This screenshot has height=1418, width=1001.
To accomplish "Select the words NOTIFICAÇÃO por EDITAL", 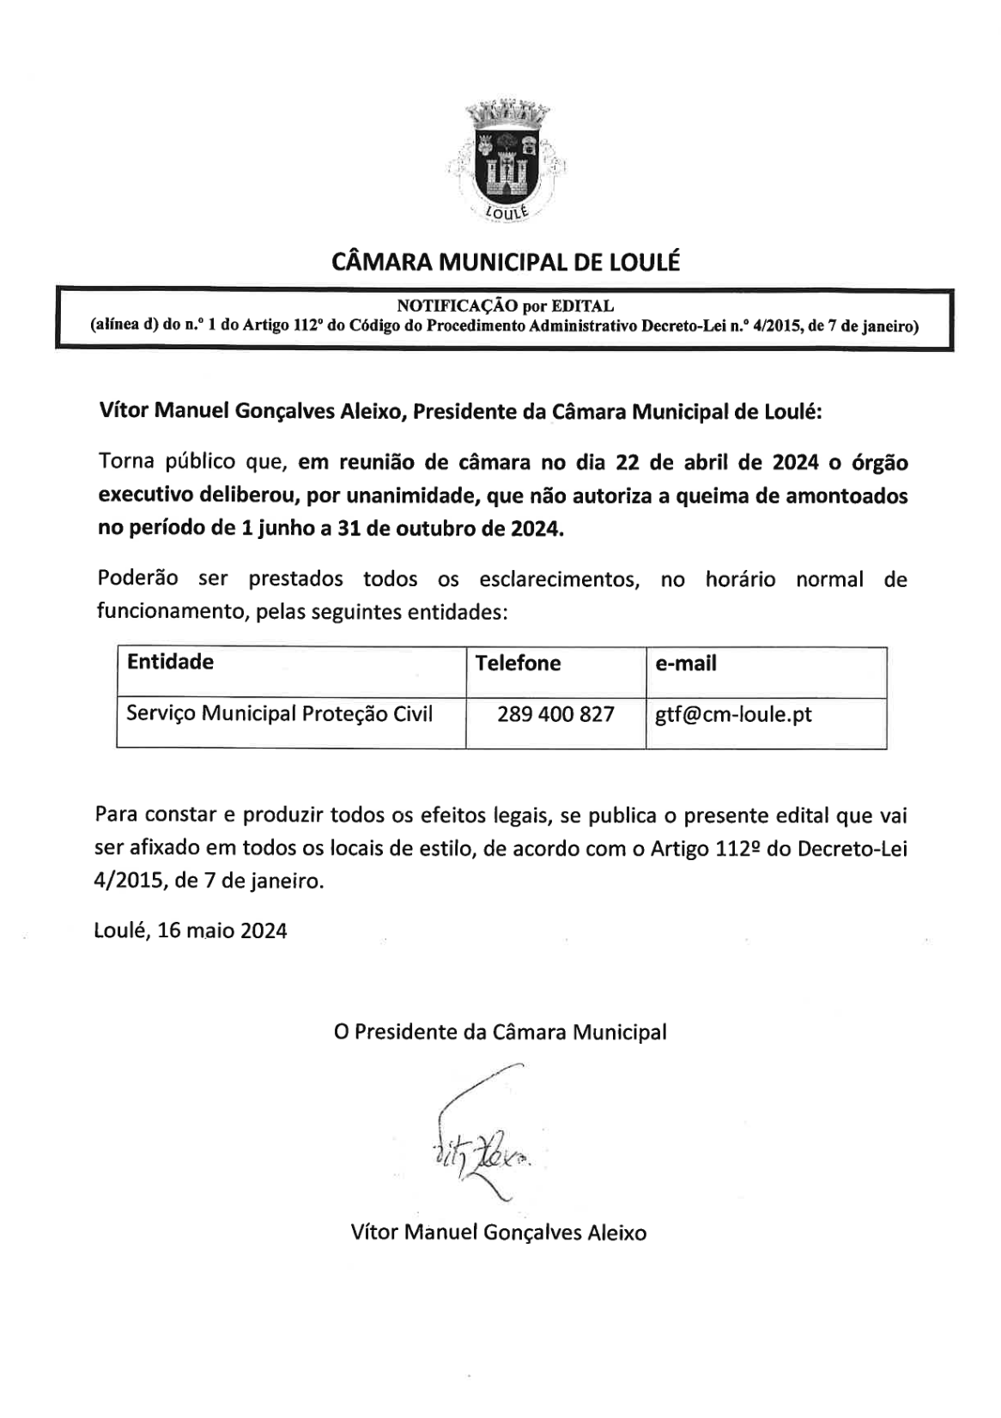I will pyautogui.click(x=505, y=306).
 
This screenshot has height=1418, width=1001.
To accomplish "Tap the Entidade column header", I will pyautogui.click(x=170, y=662).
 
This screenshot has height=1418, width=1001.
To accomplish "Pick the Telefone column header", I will pyautogui.click(x=518, y=663).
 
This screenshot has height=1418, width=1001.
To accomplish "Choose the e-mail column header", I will pyautogui.click(x=685, y=664).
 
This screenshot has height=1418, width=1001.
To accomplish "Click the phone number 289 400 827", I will pyautogui.click(x=555, y=714).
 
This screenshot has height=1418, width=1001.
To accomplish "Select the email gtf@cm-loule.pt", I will pyautogui.click(x=733, y=714).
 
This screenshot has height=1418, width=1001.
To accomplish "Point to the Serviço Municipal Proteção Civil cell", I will pyautogui.click(x=279, y=713).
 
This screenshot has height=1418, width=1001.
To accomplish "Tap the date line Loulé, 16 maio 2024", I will pyautogui.click(x=191, y=930).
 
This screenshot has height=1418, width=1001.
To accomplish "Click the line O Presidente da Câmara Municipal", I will pyautogui.click(x=500, y=1032).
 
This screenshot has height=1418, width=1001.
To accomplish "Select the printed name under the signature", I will pyautogui.click(x=499, y=1233).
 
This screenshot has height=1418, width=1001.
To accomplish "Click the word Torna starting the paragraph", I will pyautogui.click(x=126, y=463).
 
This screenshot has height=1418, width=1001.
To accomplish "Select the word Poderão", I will pyautogui.click(x=137, y=579).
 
